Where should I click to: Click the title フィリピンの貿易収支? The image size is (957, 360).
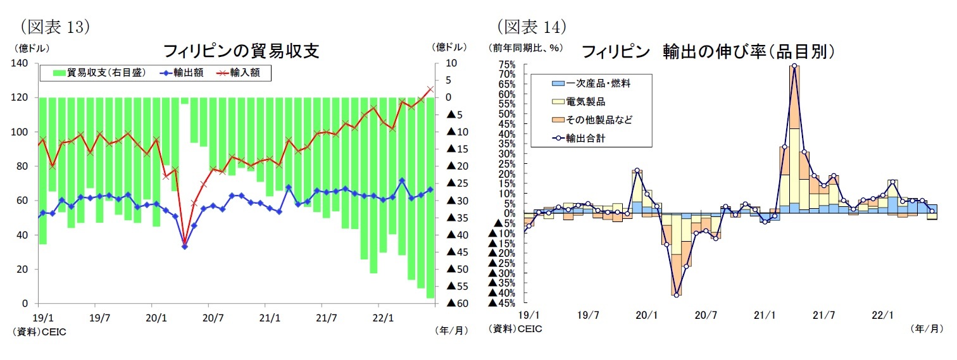[x=241, y=51]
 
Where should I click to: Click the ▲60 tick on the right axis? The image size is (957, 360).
[x=457, y=304]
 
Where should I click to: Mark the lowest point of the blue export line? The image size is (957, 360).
[x=184, y=246]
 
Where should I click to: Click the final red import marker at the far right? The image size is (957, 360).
[x=430, y=89]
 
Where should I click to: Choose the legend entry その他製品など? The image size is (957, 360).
[x=599, y=119]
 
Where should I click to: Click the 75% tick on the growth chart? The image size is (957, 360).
[x=507, y=65]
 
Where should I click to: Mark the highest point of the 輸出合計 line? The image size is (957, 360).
[x=794, y=66]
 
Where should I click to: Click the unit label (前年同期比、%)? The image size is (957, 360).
[x=525, y=47]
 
